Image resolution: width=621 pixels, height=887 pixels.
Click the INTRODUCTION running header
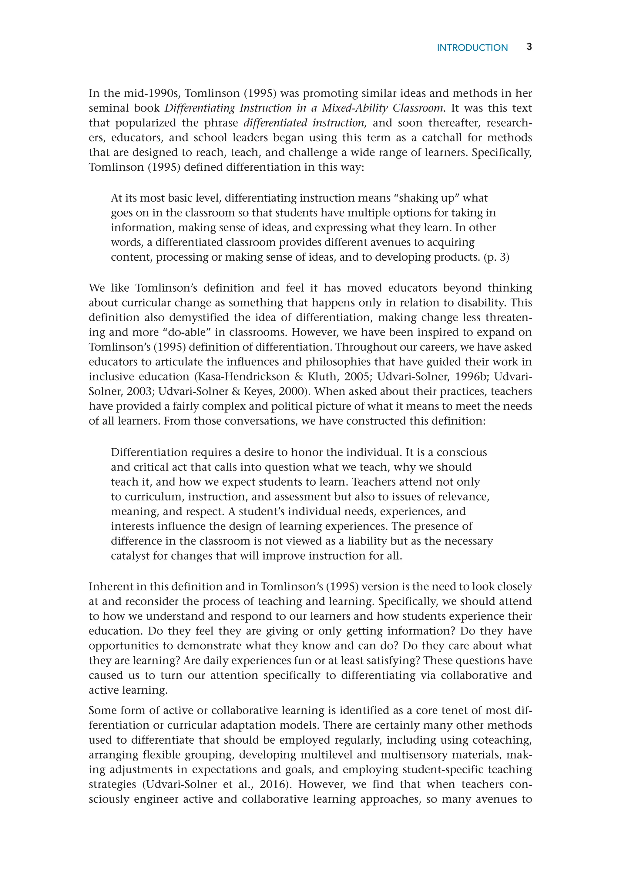(472, 48)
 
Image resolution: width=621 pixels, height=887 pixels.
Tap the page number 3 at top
(529, 47)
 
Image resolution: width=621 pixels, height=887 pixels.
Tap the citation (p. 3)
(496, 257)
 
